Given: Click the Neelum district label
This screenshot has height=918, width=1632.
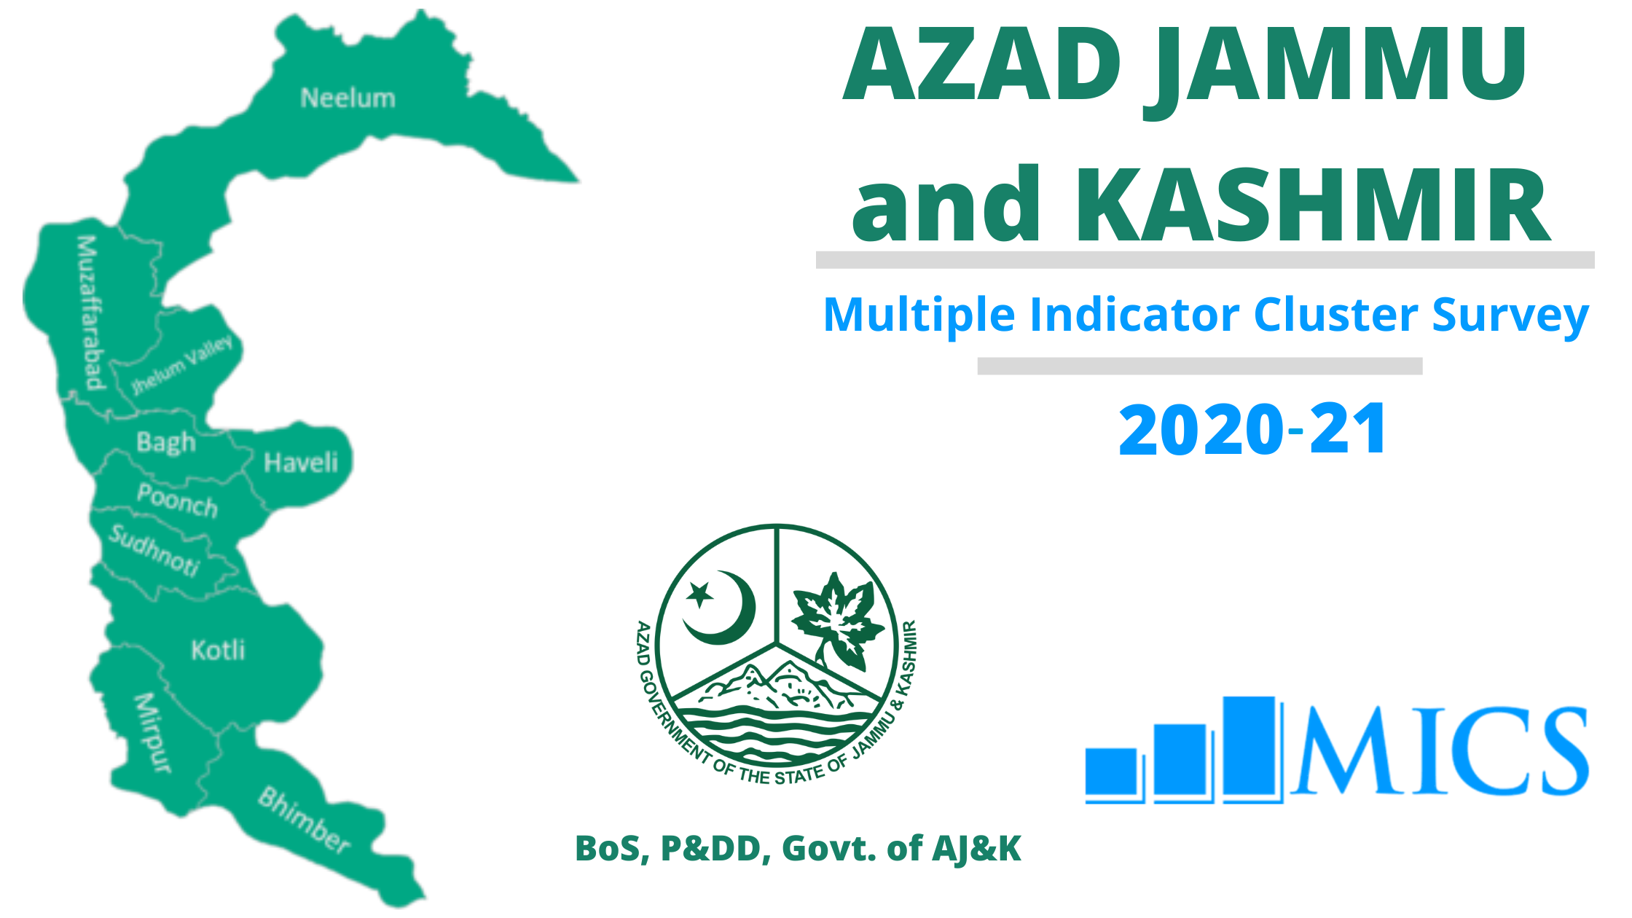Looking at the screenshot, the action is (348, 98).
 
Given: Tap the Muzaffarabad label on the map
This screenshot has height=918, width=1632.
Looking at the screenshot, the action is (90, 313).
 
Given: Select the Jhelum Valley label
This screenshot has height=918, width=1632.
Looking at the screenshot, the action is (182, 364).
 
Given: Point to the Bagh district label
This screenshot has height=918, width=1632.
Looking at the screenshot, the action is (166, 442).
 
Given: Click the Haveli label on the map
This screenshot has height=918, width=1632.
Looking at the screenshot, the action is (301, 463).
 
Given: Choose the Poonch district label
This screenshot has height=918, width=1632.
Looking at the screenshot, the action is (177, 501).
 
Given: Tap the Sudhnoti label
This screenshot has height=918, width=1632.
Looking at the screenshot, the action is (154, 550).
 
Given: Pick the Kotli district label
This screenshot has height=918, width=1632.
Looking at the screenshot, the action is (218, 650).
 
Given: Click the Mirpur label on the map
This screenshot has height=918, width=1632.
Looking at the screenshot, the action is (153, 733).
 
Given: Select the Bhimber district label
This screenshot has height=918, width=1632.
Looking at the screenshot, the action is (305, 820).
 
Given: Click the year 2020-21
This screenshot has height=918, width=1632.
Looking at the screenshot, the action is (1252, 430).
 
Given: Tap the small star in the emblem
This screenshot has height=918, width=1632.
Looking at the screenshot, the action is (700, 595).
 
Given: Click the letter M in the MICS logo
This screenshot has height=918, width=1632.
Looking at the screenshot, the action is (1345, 750).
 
